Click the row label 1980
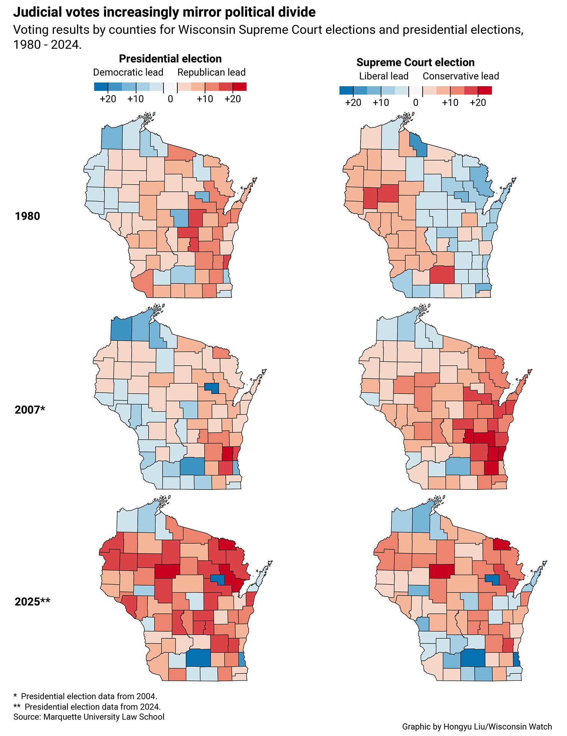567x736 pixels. pyautogui.click(x=27, y=216)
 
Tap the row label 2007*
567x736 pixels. pyautogui.click(x=30, y=410)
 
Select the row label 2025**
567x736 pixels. pyautogui.click(x=32, y=601)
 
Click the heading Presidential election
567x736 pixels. pyautogui.click(x=170, y=59)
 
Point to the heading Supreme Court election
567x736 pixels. pyautogui.click(x=415, y=62)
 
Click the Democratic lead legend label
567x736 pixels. pyautogui.click(x=128, y=72)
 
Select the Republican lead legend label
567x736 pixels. pyautogui.click(x=211, y=72)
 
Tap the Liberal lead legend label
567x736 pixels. pyautogui.click(x=383, y=76)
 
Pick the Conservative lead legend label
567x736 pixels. pyautogui.click(x=460, y=76)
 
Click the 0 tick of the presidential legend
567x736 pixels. pyautogui.click(x=170, y=99)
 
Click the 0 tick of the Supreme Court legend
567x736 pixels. pyautogui.click(x=416, y=103)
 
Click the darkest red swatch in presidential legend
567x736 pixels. pyautogui.click(x=239, y=87)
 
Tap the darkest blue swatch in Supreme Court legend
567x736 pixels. pyautogui.click(x=346, y=91)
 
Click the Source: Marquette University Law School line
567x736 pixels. pyautogui.click(x=89, y=717)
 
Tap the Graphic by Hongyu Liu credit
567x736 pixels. pyautogui.click(x=477, y=726)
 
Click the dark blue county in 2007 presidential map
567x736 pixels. pyautogui.click(x=212, y=388)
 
